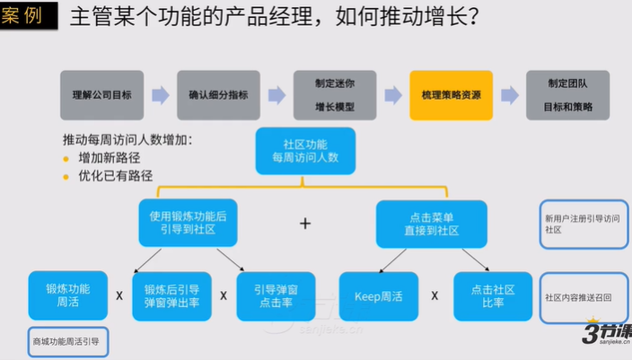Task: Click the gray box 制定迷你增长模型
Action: [334, 95]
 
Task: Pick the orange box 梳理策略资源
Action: [451, 95]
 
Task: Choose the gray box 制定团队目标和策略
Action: [568, 95]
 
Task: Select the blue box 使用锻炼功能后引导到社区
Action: [189, 223]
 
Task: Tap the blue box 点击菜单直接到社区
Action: [431, 223]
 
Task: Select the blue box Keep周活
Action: [378, 295]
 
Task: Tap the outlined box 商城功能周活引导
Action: [66, 342]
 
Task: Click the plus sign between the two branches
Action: [305, 224]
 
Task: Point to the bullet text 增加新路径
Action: [109, 158]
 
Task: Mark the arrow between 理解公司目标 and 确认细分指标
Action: [161, 95]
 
